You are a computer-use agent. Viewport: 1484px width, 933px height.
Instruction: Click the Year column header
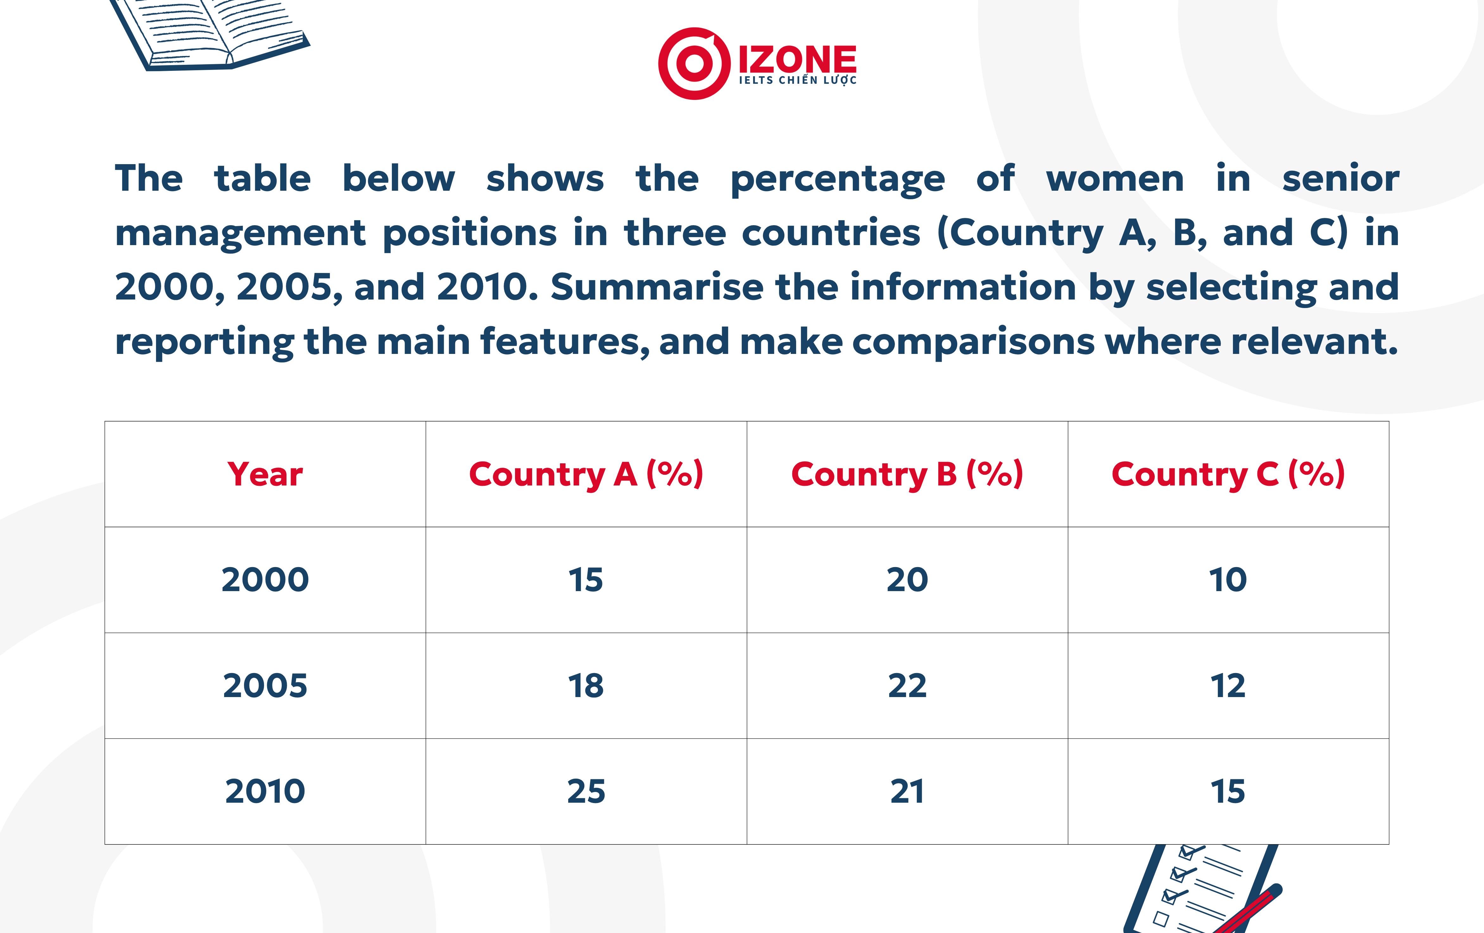coord(265,474)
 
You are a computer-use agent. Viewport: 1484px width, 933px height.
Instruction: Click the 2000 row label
coord(265,579)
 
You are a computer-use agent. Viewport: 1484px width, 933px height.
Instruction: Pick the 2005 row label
coord(265,685)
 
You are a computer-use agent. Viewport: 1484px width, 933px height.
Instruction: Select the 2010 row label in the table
coord(265,791)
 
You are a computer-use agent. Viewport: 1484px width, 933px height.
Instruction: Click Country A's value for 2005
coord(586,685)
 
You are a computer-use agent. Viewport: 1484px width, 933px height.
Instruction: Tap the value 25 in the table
coord(586,791)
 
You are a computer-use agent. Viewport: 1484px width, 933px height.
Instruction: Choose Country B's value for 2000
coord(907,579)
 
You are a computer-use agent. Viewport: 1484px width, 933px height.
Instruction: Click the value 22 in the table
coord(907,685)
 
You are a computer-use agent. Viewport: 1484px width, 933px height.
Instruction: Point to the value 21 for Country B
coord(907,791)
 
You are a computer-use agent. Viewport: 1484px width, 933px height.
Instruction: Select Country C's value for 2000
coord(1228,579)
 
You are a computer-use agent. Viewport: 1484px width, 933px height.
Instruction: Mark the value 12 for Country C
coord(1228,685)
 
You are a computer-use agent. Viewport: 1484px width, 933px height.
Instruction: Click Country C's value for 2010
coord(1228,791)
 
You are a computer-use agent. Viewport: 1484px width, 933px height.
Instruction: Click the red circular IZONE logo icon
coord(695,64)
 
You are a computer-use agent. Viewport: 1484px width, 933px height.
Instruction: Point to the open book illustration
coord(210,34)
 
